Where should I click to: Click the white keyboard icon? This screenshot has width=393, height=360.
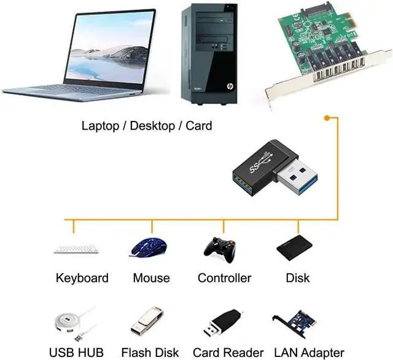[76, 250]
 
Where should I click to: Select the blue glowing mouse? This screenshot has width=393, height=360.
[148, 248]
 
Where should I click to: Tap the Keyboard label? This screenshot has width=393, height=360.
[82, 278]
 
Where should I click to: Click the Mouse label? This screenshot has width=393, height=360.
[151, 278]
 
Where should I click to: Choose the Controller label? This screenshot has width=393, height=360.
[224, 278]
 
